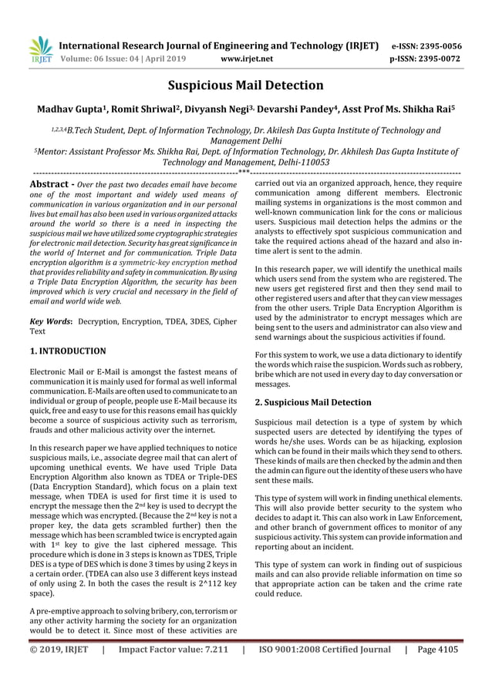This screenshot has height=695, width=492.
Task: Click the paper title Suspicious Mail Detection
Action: click(246, 85)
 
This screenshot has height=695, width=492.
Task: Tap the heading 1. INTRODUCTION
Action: click(68, 351)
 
